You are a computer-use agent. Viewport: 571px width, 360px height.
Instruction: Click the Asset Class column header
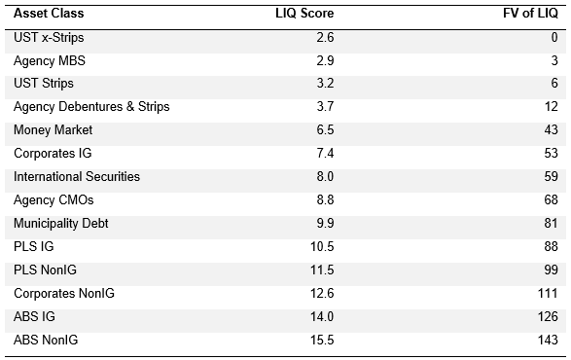[x=49, y=14]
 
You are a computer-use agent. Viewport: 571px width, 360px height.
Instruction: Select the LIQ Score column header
[x=304, y=14]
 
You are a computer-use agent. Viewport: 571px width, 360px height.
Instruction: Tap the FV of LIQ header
[x=530, y=14]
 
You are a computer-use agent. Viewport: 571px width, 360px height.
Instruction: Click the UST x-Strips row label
[x=49, y=38]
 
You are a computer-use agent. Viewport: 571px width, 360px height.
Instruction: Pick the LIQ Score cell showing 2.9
[x=325, y=60]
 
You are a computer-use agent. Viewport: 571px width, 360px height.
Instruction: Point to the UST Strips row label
[x=44, y=84]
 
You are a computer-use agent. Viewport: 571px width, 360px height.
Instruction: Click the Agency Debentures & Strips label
[x=91, y=107]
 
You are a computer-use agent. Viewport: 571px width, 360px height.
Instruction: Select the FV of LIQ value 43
[x=551, y=130]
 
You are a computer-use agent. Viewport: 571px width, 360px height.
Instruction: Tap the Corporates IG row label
[x=53, y=154]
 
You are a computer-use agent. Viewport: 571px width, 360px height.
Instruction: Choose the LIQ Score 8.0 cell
[x=325, y=177]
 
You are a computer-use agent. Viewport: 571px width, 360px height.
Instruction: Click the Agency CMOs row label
[x=54, y=200]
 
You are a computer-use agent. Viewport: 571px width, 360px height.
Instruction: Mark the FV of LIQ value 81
[x=551, y=224]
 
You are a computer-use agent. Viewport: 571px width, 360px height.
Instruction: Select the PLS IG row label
[x=34, y=247]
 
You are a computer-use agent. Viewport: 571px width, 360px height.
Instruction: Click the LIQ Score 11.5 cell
[x=322, y=270]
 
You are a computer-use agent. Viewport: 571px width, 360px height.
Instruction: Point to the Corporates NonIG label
[x=64, y=293]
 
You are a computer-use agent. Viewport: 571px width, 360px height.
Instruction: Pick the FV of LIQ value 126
[x=548, y=316]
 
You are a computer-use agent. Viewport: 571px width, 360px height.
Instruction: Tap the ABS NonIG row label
[x=46, y=340]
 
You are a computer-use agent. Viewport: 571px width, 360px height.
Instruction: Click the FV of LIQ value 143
[x=548, y=340]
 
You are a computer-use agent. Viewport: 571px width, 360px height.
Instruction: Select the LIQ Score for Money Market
[x=325, y=130]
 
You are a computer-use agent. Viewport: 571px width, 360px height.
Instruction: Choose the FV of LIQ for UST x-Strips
[x=554, y=38]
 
